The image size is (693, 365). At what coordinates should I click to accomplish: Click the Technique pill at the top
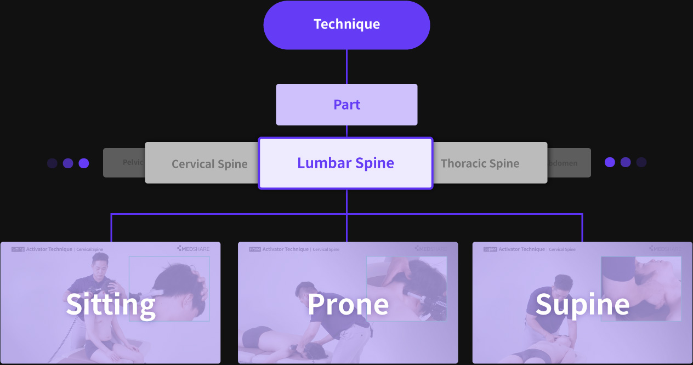point(346,25)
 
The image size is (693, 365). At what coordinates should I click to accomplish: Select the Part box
point(346,104)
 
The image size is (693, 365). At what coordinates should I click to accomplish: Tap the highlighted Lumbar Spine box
point(345,163)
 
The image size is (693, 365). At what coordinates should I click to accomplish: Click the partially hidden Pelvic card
point(124,162)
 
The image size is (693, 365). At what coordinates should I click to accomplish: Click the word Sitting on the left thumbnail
point(111,304)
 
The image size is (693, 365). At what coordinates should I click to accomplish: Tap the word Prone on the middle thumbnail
point(348,304)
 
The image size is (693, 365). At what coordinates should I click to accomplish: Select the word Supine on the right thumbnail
point(582,304)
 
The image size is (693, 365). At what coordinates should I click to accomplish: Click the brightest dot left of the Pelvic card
point(84,163)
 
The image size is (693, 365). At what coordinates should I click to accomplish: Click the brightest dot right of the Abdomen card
point(610,162)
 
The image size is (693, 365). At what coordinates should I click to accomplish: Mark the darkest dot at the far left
point(52,163)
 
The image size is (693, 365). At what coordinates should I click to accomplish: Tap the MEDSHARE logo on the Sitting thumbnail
point(193,249)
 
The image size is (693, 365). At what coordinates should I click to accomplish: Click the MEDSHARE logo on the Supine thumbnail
point(665,249)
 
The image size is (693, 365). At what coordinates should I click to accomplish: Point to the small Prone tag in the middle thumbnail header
point(255,249)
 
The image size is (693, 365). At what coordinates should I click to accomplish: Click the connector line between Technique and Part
point(346,66)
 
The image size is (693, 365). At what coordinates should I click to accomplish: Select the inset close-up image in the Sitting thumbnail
point(169,288)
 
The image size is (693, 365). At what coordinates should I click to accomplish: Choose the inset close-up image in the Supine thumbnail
point(641,288)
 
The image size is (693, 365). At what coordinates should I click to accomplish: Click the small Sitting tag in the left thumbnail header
point(18,249)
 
